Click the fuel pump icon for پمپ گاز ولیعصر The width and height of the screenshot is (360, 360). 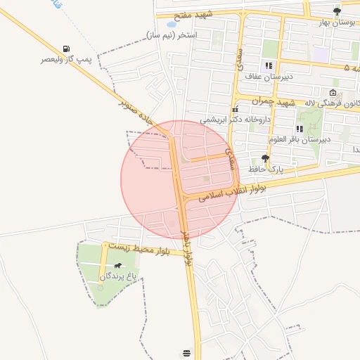coord(66,49)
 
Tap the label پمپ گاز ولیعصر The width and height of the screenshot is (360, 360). coord(65,60)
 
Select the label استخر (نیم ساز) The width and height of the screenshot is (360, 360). coord(172,34)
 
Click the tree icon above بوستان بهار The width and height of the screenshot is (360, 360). coord(337,11)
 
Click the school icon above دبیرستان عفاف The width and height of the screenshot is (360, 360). coord(269,65)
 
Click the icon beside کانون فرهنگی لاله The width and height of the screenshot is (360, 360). coord(333,93)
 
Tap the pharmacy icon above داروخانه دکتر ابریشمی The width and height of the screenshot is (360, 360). coord(235,110)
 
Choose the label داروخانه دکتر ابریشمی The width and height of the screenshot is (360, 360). coord(235,120)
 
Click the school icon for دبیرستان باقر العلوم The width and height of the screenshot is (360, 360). coord(300,129)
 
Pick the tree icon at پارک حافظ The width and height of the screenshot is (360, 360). coord(265,158)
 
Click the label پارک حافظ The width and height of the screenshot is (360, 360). coord(265,169)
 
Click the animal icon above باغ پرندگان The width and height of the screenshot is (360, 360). coord(117,266)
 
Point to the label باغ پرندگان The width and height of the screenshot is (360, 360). coord(116,277)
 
